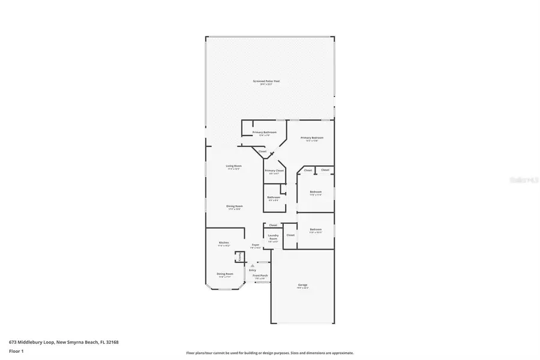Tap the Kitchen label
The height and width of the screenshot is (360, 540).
(224, 243)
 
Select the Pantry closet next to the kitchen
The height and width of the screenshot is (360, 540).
(239, 257)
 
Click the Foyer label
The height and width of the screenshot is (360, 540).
(256, 245)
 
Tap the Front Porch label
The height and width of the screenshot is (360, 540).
(261, 275)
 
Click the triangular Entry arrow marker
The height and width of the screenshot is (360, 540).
(253, 265)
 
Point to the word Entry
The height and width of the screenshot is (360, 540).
(253, 270)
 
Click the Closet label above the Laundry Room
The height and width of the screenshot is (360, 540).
(273, 225)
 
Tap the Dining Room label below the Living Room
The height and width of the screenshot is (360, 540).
(234, 206)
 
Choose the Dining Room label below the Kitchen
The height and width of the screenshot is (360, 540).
(225, 274)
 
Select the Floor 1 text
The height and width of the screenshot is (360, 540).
(16, 351)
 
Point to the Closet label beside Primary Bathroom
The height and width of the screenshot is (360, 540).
(263, 151)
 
